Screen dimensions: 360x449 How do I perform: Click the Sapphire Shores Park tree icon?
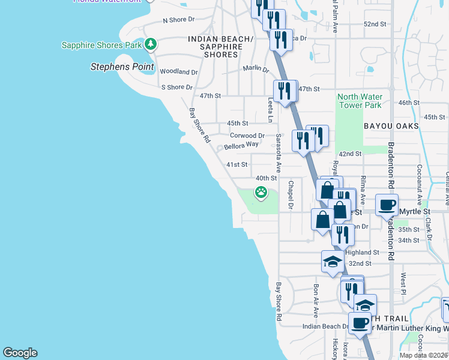pos(151,44)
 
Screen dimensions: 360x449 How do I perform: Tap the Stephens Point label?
pos(122,67)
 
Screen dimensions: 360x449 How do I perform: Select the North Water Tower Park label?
pos(360,101)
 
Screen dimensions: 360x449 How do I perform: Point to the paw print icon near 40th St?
pos(261,193)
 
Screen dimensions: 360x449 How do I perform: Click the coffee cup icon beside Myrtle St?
pos(387,205)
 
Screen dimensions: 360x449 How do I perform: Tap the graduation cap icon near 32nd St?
pos(333,261)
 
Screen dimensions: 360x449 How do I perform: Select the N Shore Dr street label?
pos(179,20)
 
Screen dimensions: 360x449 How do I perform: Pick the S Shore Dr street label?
pos(176,88)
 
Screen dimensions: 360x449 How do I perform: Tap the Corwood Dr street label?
pos(247,136)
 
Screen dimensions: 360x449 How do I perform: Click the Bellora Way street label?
pos(241,145)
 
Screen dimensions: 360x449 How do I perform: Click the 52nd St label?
pos(375,24)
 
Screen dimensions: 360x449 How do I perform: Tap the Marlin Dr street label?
pos(256,69)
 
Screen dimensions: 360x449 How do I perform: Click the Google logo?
pos(20,353)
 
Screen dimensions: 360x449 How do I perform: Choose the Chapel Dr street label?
pos(291,196)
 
